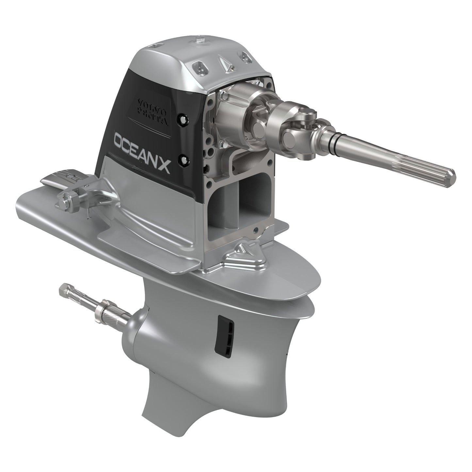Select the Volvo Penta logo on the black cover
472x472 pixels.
tap(152, 111)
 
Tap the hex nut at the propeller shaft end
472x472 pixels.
tap(64, 289)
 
